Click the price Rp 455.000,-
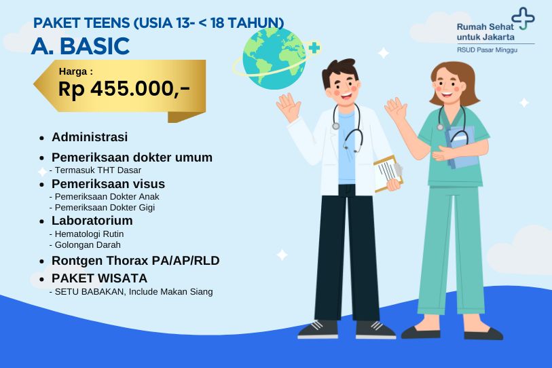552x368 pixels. coord(124,88)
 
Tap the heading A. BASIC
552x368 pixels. coord(80,46)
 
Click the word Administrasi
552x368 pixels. coord(90,137)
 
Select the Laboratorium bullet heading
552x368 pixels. coord(92,221)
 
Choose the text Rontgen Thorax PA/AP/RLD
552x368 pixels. coord(135,261)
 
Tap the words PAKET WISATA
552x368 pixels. coord(99,278)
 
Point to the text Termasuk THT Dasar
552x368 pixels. coord(100,170)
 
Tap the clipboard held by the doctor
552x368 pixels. coord(388,172)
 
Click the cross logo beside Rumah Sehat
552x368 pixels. coord(523,18)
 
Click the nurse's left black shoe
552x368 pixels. coord(420,331)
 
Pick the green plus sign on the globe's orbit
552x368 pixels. coord(313,48)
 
